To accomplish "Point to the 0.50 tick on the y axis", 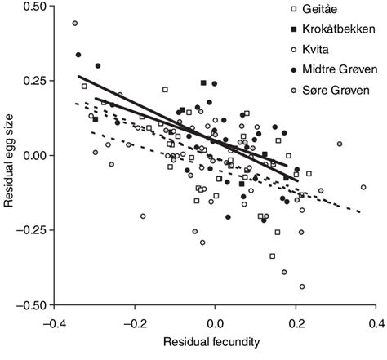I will pos(34,7).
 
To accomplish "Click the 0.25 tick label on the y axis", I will pos(34,80).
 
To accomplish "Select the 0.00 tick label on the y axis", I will pos(34,155).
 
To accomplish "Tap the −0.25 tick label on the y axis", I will pos(32,230).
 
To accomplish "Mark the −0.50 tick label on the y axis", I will pos(32,304).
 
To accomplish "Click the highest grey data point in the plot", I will pos(75,24).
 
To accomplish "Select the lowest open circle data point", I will pos(302,287).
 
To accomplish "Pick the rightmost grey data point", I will pos(363,186).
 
